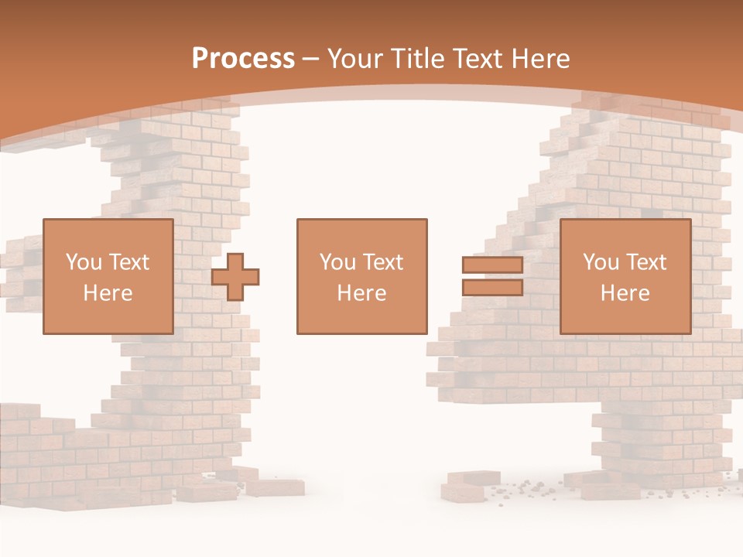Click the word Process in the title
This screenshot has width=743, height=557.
tap(243, 59)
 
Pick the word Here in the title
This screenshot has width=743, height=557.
tap(540, 59)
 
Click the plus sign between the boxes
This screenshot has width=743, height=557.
tap(235, 277)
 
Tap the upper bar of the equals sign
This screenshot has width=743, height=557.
tap(492, 265)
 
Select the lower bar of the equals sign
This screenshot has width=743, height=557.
tap(492, 288)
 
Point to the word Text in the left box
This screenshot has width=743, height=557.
tap(128, 262)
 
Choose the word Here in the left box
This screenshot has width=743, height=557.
tap(108, 293)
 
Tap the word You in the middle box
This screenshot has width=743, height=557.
tap(337, 262)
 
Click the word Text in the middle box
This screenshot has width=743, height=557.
tap(382, 262)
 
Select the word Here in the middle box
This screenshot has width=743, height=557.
tap(361, 293)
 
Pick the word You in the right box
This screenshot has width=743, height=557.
tap(601, 262)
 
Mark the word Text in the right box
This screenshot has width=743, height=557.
tap(645, 262)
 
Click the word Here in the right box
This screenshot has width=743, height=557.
tap(625, 293)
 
